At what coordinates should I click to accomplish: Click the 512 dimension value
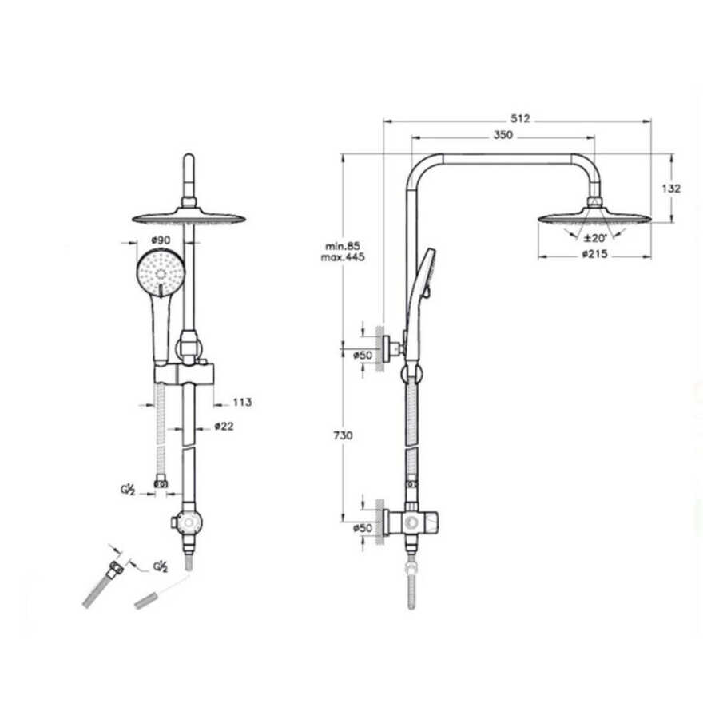tap(520, 119)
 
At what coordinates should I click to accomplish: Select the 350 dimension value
tap(503, 135)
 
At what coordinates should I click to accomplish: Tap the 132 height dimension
tap(671, 189)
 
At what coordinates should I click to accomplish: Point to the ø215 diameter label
tap(594, 253)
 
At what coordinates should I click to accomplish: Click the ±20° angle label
tap(595, 238)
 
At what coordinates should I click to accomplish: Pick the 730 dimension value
tap(343, 435)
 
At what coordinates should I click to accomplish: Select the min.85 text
tap(343, 247)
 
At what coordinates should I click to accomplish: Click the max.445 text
tap(343, 257)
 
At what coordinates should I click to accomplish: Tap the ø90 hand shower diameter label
tap(161, 240)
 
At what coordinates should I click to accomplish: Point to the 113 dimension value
tap(242, 402)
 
